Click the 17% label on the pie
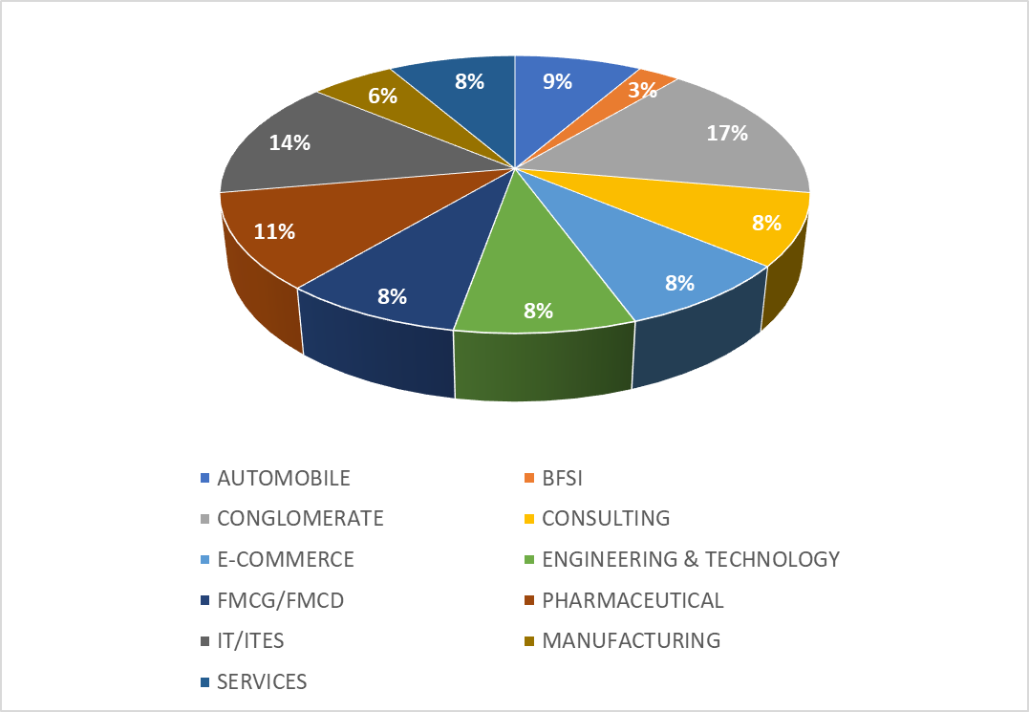tap(727, 134)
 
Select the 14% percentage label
tap(289, 143)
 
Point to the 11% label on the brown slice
tap(274, 231)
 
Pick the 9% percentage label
tap(557, 81)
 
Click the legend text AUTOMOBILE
tap(284, 478)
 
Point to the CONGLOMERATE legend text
tap(300, 519)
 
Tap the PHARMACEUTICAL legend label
tap(632, 600)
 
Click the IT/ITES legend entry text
tap(250, 641)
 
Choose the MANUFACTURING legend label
tap(631, 641)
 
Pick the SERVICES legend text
tap(262, 681)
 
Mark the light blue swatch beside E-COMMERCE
tap(204, 559)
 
